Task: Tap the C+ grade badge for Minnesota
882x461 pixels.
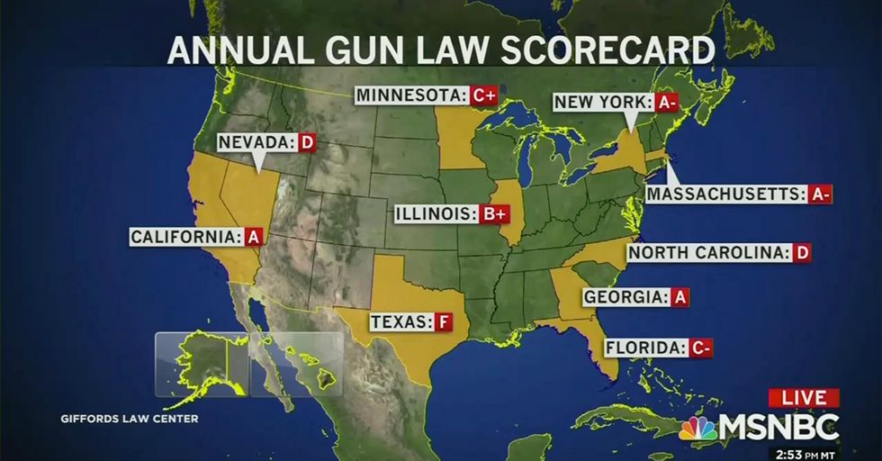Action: click(484, 95)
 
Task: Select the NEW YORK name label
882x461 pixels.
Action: click(599, 103)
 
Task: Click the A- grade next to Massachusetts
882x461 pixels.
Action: click(819, 194)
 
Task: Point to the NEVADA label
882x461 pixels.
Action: click(257, 142)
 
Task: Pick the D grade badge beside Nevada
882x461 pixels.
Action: click(306, 142)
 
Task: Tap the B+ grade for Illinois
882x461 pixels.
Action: click(494, 214)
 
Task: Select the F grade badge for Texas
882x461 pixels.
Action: click(444, 321)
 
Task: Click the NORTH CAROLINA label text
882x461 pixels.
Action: click(707, 253)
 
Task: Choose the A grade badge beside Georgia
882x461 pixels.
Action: click(679, 297)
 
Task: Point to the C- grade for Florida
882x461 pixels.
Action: click(701, 348)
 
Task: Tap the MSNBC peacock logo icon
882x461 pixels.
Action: click(697, 428)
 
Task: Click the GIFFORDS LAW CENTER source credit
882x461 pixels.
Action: click(130, 419)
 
